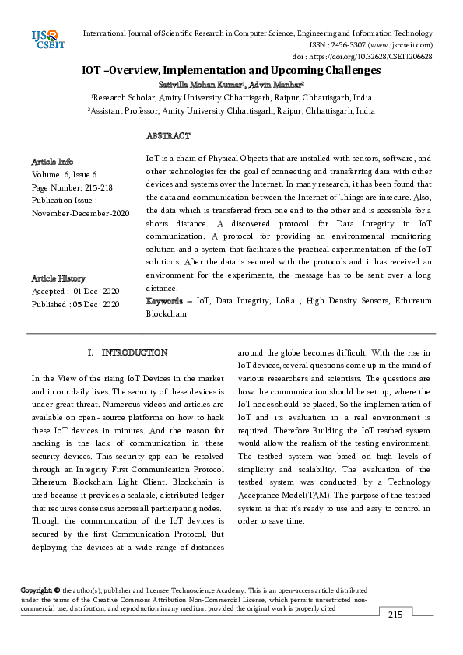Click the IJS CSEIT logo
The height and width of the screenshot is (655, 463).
[x=46, y=38]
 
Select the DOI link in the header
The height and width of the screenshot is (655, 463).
[x=384, y=57]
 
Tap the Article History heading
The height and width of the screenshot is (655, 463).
[x=58, y=278]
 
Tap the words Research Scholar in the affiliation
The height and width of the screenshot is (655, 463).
[x=124, y=98]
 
